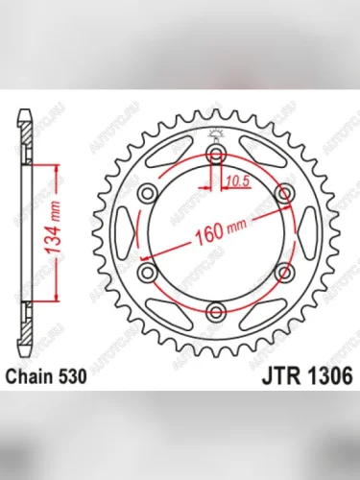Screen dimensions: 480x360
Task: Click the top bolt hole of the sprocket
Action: click(216, 155)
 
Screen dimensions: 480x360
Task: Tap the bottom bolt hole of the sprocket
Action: click(216, 310)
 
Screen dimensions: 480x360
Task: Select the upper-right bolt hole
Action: click(283, 194)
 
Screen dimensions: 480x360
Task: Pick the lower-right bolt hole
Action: click(283, 272)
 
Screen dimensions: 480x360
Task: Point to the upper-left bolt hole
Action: click(149, 194)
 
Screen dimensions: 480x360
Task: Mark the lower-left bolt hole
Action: click(149, 272)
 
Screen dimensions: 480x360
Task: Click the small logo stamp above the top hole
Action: click(216, 134)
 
